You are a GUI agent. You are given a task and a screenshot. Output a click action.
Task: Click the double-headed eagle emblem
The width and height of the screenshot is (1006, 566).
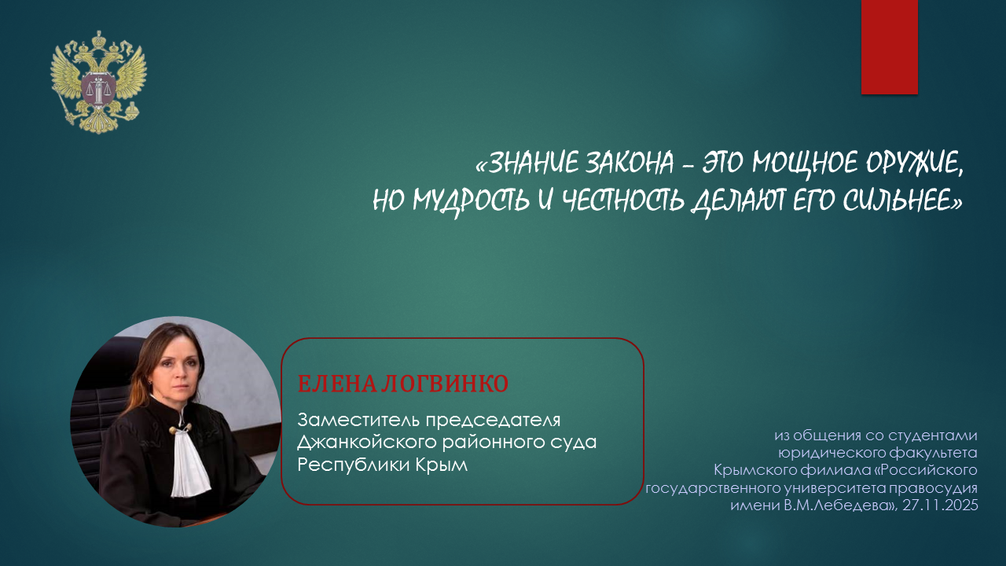[x=98, y=83]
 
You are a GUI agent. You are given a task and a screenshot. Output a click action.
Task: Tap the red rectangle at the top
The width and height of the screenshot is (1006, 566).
[x=889, y=47]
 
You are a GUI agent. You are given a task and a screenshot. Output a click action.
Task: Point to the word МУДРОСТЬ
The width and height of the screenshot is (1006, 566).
[x=471, y=200]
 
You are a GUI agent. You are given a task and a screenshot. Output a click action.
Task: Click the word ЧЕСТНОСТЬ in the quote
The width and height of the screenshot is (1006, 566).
[x=623, y=200]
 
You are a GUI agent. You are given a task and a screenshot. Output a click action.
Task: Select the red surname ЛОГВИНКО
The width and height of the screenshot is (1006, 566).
[x=445, y=384]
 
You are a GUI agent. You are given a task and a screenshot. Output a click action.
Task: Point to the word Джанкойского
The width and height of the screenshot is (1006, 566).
[x=366, y=443]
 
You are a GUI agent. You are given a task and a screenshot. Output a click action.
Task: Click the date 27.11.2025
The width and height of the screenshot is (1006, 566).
[x=940, y=505]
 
